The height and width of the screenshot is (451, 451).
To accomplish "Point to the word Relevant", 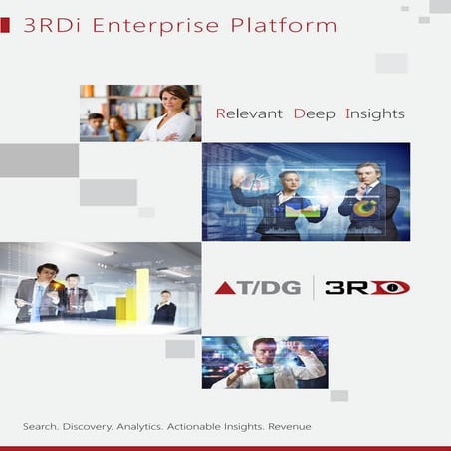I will coord(249,113).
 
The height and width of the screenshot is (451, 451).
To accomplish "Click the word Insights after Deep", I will coord(374,113).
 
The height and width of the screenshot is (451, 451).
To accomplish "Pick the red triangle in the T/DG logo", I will coord(226,288).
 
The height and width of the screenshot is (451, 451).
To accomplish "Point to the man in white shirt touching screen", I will coord(261,363).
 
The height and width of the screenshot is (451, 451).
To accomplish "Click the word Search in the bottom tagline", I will coord(40,426).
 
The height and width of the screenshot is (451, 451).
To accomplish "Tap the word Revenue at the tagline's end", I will coord(288,426).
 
